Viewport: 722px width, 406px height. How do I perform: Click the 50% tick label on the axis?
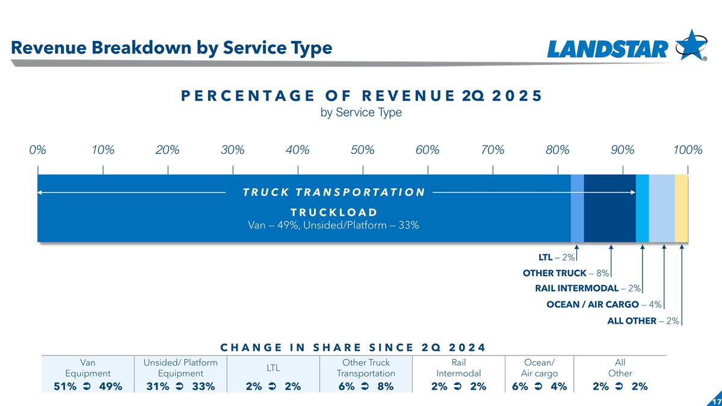click(x=363, y=150)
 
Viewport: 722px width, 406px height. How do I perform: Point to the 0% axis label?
click(x=37, y=150)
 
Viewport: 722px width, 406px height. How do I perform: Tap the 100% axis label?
click(x=688, y=150)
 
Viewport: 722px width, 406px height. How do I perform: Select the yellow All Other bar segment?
click(x=681, y=208)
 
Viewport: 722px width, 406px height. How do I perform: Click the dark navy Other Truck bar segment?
click(x=609, y=208)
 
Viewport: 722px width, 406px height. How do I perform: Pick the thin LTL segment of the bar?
click(x=577, y=208)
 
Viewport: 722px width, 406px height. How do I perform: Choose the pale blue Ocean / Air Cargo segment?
click(x=662, y=208)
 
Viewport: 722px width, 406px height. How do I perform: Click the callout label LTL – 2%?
click(x=557, y=257)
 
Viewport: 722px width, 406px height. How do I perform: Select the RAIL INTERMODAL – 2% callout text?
click(x=588, y=289)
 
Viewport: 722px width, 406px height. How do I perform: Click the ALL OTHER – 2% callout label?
click(x=643, y=321)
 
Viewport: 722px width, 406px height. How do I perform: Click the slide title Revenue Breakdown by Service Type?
click(x=171, y=48)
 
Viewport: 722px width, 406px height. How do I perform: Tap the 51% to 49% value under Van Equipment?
click(x=88, y=386)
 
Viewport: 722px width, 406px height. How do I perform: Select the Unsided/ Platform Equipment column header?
click(x=180, y=368)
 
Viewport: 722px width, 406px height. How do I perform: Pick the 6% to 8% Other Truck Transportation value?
click(x=366, y=386)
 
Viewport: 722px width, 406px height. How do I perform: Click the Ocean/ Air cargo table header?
click(x=539, y=368)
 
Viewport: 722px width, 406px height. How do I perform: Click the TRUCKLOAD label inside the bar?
click(x=334, y=212)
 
